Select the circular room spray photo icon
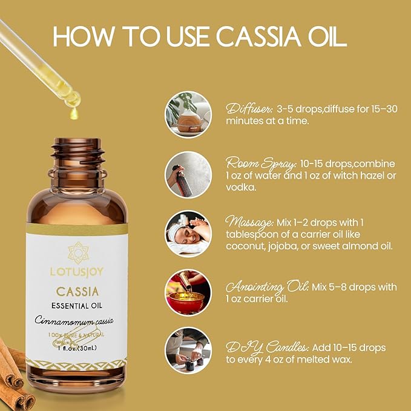click(188, 174)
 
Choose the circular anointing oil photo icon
click(188, 292)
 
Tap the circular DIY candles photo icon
click(188, 350)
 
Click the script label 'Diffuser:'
click(249, 109)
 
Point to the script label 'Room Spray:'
click(260, 164)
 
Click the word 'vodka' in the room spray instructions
click(241, 187)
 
